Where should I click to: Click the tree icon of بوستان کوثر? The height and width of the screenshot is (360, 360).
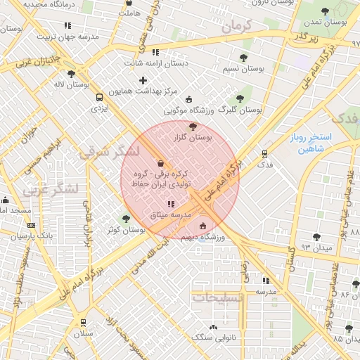click(x=127, y=219)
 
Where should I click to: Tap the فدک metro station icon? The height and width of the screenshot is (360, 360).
click(x=264, y=153)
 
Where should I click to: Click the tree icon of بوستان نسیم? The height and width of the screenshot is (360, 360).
click(x=243, y=58)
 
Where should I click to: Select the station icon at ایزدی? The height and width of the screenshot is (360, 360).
click(x=99, y=98)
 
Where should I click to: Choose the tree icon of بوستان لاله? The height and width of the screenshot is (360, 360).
click(x=70, y=74)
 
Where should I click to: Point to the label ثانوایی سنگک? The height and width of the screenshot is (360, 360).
click(x=212, y=337)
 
